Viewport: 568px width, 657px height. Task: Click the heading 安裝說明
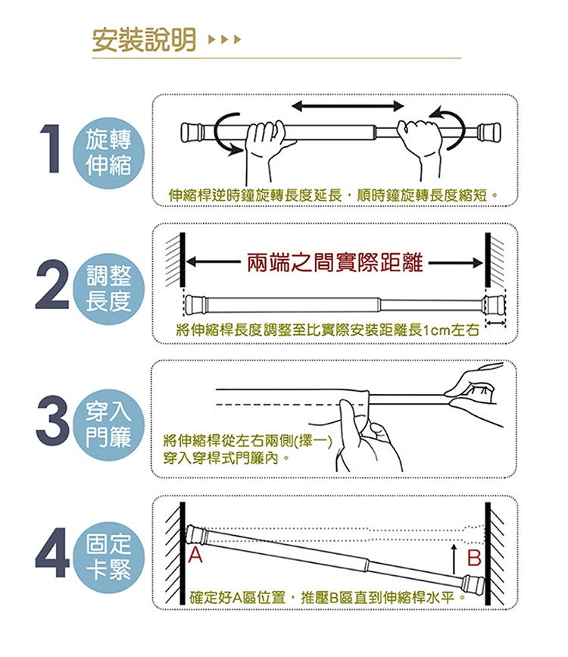coord(144,40)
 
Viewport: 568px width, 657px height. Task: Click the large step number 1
coord(50,148)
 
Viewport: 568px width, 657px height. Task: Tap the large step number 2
coord(52,284)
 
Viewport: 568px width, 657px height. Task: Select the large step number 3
coord(52,420)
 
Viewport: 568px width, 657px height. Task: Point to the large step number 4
coord(52,552)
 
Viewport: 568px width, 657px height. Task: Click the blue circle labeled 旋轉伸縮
coord(108,152)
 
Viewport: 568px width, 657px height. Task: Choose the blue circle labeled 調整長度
coord(108,289)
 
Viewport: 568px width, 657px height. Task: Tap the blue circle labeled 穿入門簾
coord(108,424)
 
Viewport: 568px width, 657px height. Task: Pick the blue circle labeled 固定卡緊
coord(108,557)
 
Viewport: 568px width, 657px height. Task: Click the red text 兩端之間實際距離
coord(335,263)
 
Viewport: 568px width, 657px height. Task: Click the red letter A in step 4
coord(195,555)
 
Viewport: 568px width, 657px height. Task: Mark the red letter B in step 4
coord(474,558)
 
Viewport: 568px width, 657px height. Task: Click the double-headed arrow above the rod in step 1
coord(348,106)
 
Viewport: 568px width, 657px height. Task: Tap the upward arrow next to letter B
coord(454,559)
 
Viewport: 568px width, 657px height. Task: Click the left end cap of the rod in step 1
coord(190,132)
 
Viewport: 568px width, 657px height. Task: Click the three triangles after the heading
coord(224,40)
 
